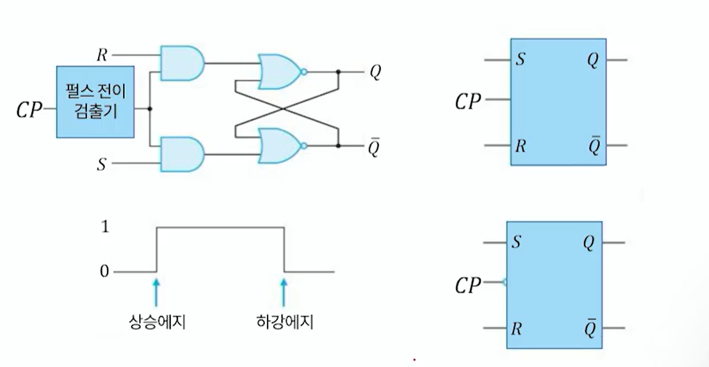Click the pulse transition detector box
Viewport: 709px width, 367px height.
95,102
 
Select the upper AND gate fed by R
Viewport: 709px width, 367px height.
181,61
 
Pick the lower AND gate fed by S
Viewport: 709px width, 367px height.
181,154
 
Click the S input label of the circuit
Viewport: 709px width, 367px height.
102,164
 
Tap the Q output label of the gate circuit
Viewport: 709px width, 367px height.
375,72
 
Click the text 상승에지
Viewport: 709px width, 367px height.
154,323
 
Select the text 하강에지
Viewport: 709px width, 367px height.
282,323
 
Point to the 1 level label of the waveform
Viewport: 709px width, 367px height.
105,227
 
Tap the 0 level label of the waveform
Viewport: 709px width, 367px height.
105,272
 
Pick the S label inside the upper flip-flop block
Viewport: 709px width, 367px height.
520,60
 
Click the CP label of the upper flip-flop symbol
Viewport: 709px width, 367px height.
468,102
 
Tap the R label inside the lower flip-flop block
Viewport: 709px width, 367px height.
516,328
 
